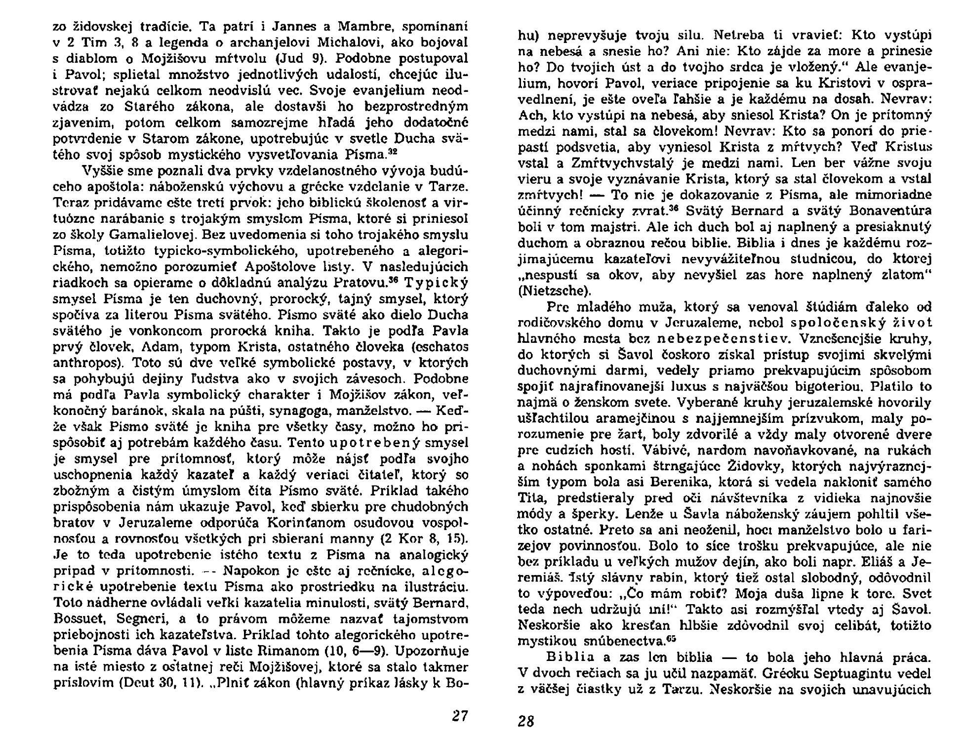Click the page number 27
[x=459, y=715]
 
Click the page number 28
[x=526, y=721]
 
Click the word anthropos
[x=85, y=363]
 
